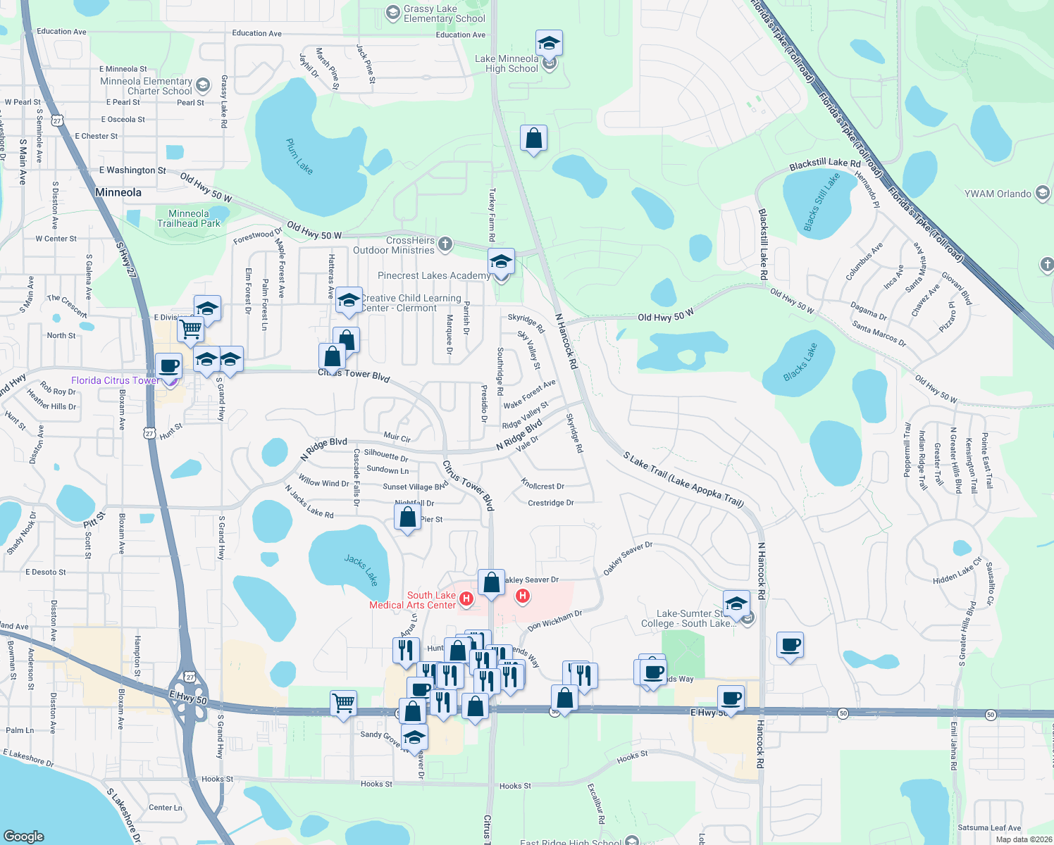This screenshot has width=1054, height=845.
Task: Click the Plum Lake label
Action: [x=299, y=156]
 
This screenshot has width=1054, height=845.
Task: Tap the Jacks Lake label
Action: [x=361, y=570]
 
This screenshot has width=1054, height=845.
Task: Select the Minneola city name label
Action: [x=118, y=192]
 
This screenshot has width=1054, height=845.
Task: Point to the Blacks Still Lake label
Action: [x=822, y=202]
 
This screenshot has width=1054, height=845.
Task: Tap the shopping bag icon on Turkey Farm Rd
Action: [x=534, y=139]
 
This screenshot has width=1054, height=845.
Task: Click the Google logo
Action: [x=23, y=836]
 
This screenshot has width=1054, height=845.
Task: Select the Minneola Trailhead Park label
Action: [x=189, y=218]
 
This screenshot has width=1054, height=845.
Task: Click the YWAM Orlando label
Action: [x=998, y=194]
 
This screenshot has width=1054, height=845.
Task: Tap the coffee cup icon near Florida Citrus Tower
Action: [x=168, y=366]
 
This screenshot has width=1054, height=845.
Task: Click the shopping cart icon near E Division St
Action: [x=190, y=328]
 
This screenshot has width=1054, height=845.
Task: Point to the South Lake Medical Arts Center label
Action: [x=413, y=600]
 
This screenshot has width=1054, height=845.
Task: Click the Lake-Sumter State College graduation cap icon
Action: [x=736, y=603]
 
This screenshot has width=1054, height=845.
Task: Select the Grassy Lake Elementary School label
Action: [x=444, y=13]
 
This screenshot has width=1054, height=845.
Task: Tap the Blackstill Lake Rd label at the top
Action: [x=825, y=163]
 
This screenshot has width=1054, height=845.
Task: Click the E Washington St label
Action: [x=132, y=170]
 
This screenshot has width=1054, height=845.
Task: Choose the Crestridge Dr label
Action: [x=551, y=503]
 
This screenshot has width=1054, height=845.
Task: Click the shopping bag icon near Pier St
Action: [x=408, y=518]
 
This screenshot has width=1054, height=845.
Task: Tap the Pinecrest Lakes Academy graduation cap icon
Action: [x=500, y=263]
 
